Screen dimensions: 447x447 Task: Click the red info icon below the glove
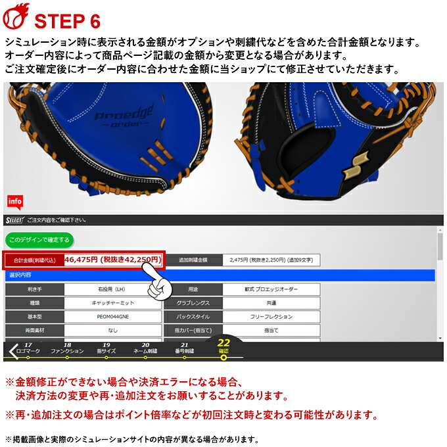coord(15,201)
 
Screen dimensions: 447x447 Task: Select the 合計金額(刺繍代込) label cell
coord(34,260)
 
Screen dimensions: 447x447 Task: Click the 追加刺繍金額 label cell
coord(193,260)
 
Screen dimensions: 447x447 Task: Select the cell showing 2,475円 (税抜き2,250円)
coord(271,260)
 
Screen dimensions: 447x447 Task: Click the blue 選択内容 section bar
coord(220,275)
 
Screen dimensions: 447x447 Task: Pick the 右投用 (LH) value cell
coord(112,289)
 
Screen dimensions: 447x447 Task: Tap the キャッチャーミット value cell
coord(112,303)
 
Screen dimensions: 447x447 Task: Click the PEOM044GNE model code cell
coord(112,317)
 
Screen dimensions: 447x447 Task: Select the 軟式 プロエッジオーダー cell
coord(271,289)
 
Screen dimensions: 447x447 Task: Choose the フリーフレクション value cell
coord(271,317)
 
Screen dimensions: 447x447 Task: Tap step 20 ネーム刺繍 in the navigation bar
coord(145,349)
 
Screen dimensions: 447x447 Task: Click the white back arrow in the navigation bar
coord(11,351)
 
